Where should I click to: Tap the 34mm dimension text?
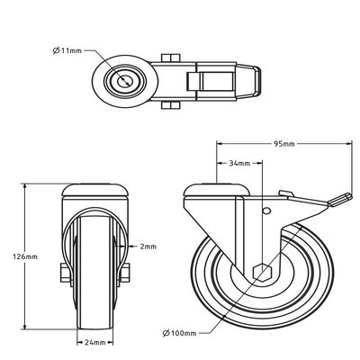point(238,165)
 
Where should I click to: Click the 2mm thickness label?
point(148,246)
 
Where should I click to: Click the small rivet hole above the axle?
point(265,211)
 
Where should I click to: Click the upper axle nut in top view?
point(169,59)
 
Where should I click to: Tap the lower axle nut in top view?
point(169,105)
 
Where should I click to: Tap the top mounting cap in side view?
point(213,191)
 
